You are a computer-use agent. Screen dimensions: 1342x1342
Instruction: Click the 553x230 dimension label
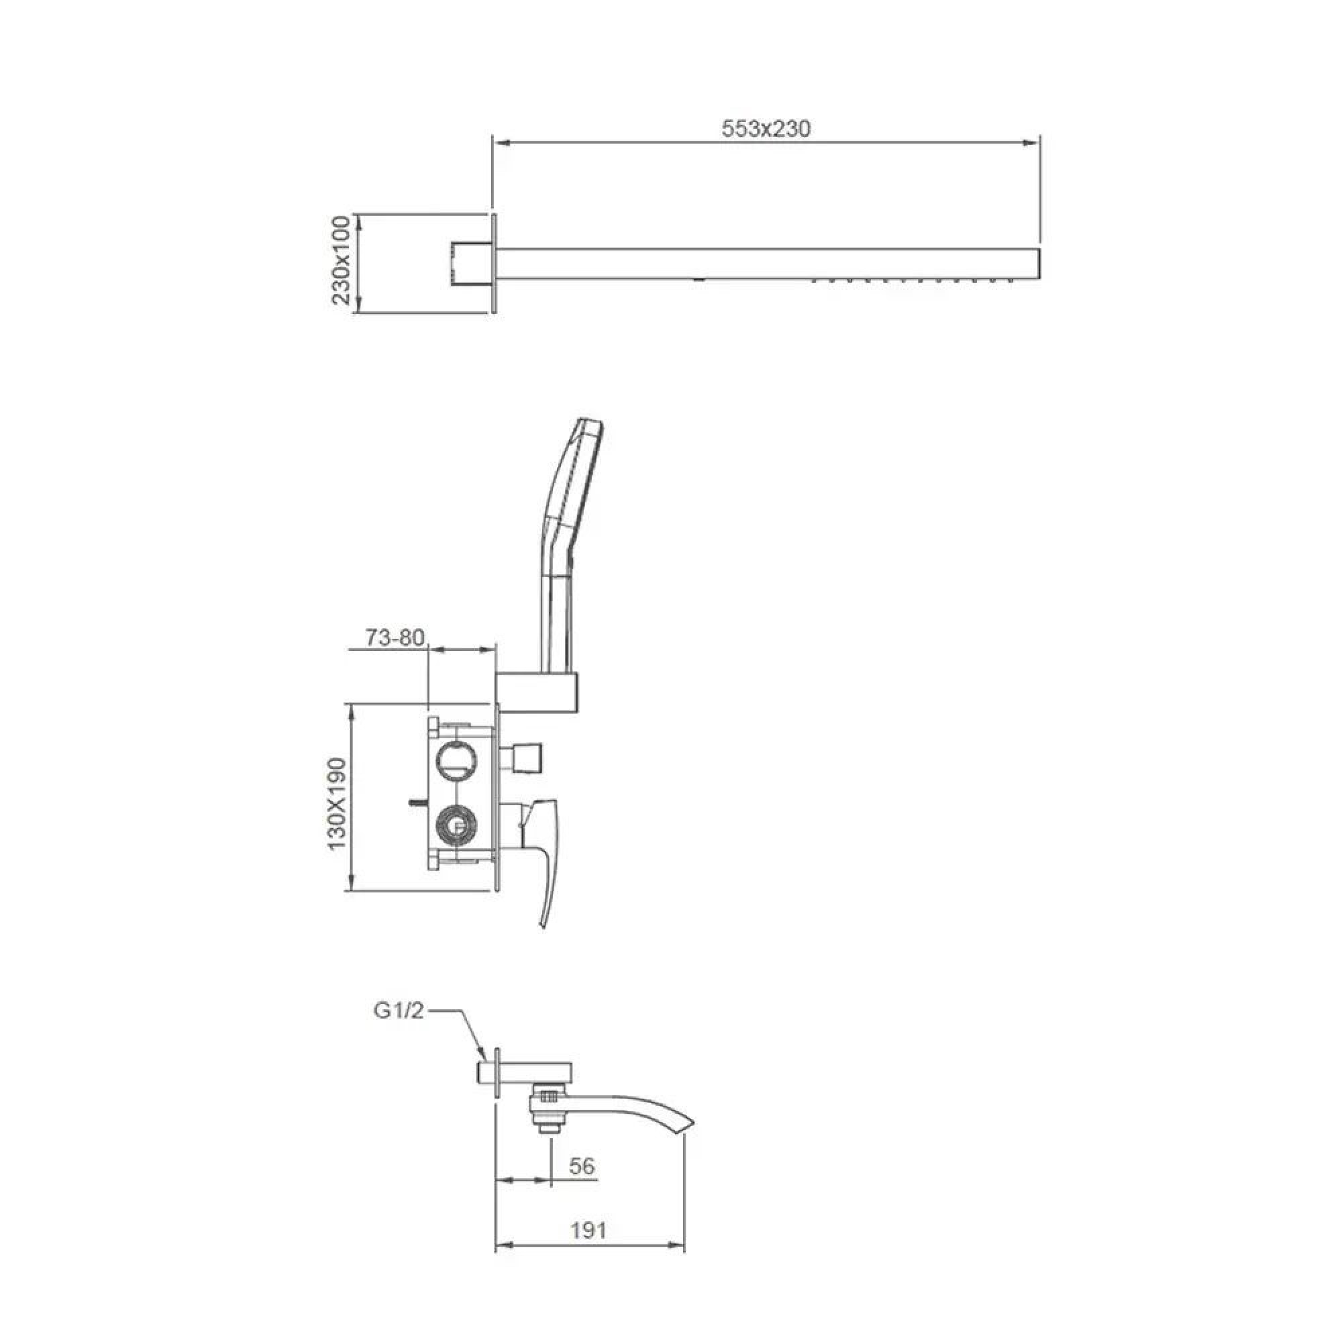[x=766, y=129]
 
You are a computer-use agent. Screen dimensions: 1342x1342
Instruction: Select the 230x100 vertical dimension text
[x=341, y=260]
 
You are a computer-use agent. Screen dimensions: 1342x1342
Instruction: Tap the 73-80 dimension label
[x=395, y=638]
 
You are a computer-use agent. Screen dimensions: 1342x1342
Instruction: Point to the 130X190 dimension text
[x=337, y=804]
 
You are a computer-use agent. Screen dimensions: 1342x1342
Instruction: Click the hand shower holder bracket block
[x=537, y=692]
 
